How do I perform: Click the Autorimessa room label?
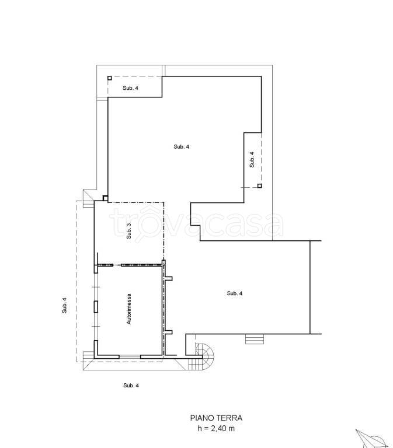click(x=129, y=309)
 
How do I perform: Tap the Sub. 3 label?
click(x=129, y=231)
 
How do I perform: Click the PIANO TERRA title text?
click(x=216, y=418)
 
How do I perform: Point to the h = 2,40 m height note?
click(x=216, y=429)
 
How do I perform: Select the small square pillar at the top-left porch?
click(x=110, y=78)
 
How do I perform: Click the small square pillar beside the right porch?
click(x=259, y=185)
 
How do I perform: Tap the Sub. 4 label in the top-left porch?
click(x=130, y=88)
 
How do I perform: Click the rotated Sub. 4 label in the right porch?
click(x=252, y=159)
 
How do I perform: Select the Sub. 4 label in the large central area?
click(x=182, y=146)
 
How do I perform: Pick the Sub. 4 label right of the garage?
click(x=235, y=293)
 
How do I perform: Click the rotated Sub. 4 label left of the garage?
click(x=64, y=306)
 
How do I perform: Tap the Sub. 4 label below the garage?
click(x=131, y=386)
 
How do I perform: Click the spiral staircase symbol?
click(x=204, y=357)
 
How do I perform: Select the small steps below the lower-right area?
click(x=255, y=339)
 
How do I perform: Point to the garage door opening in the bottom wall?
click(x=130, y=357)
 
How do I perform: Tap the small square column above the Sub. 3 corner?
click(x=105, y=198)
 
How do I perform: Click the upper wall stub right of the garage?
click(x=169, y=278)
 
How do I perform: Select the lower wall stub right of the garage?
click(x=169, y=332)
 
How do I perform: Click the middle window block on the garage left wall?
click(x=96, y=306)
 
